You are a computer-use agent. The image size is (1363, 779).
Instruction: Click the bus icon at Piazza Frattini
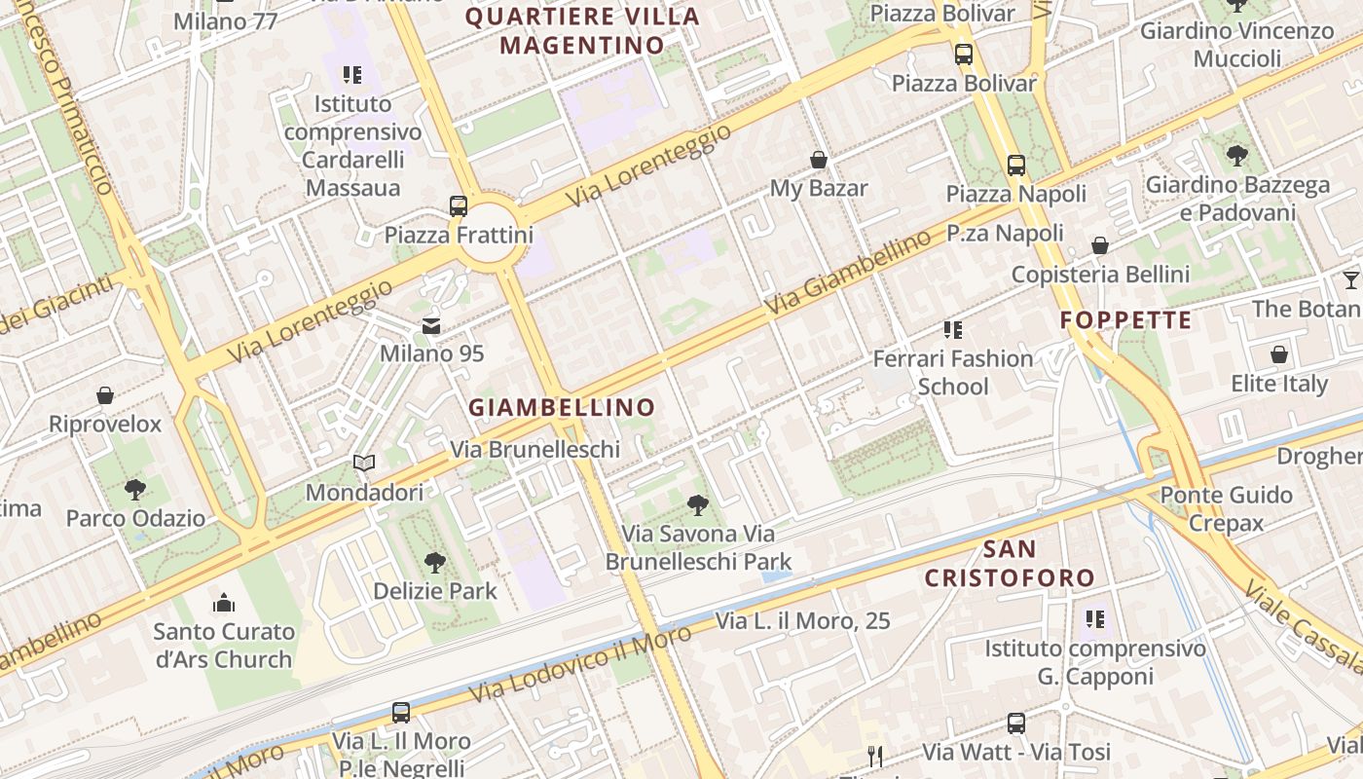tap(459, 205)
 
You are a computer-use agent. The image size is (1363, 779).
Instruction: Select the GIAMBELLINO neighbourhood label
tap(562, 407)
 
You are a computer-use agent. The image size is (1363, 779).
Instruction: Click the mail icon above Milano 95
tap(430, 325)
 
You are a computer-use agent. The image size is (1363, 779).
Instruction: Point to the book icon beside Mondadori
tap(364, 464)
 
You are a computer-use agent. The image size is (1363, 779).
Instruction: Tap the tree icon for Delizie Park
tap(434, 561)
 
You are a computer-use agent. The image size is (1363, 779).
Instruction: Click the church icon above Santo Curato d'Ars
tap(224, 603)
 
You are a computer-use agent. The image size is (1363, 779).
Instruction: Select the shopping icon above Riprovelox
tap(105, 395)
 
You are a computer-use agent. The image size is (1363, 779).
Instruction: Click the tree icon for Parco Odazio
tap(134, 489)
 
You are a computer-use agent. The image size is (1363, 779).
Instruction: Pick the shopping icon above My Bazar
tap(819, 159)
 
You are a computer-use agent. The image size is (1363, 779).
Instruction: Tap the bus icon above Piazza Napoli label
tap(1016, 165)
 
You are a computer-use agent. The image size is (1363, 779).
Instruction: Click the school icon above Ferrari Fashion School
tap(953, 330)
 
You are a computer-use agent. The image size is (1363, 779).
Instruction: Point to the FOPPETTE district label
tap(1125, 320)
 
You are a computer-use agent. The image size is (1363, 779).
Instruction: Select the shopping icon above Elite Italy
tap(1279, 354)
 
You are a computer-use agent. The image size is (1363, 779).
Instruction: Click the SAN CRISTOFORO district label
tap(1010, 564)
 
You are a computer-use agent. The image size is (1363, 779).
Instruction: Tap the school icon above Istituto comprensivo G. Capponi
tap(1095, 618)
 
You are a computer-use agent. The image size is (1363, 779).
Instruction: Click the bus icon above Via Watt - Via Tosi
tap(1016, 723)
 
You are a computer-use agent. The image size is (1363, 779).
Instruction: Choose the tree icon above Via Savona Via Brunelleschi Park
tap(697, 504)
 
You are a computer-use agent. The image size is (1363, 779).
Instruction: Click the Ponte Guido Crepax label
tap(1226, 508)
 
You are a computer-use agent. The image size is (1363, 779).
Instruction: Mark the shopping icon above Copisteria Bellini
tap(1100, 245)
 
